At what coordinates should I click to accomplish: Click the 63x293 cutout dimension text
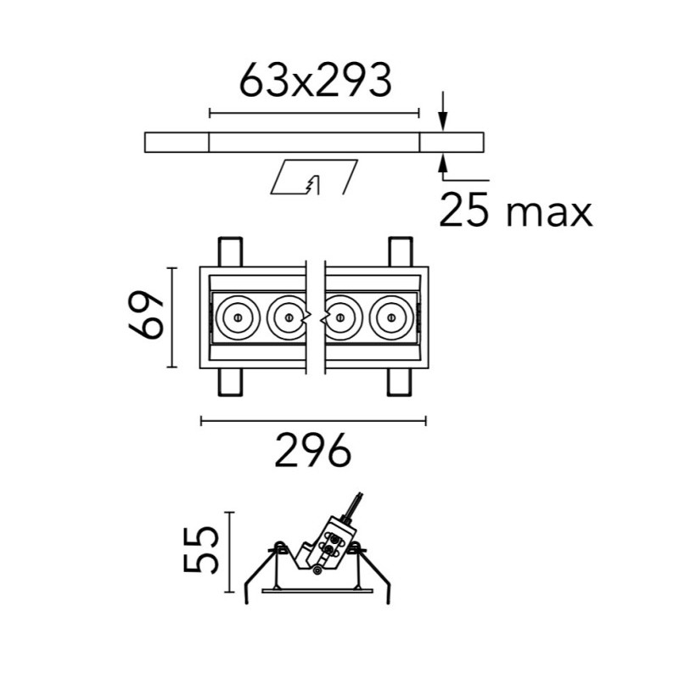(316, 80)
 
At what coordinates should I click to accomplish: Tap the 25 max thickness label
(515, 210)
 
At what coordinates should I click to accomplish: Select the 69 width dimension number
(146, 315)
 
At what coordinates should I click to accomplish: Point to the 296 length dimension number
(312, 451)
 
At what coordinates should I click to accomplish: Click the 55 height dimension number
(199, 550)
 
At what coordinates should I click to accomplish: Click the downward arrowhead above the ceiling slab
(442, 121)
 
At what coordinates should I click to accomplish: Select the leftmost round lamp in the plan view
(238, 317)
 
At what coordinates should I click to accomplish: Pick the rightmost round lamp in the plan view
(391, 317)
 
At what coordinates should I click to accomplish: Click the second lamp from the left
(288, 317)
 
